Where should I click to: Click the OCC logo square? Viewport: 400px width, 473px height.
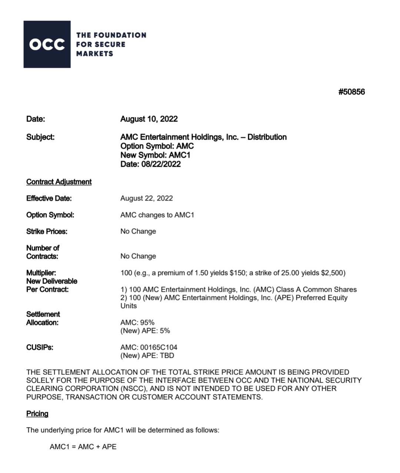click(47, 44)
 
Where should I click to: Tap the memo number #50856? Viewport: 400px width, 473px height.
click(351, 92)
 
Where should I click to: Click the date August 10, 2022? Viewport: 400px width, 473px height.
click(149, 119)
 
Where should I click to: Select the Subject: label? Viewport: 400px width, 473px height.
click(40, 137)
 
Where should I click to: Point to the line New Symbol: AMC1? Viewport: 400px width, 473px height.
click(155, 155)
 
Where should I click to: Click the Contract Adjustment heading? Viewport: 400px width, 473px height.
click(59, 182)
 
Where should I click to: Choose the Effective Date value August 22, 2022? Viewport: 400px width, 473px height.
click(147, 198)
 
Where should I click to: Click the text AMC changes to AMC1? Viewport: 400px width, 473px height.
click(157, 215)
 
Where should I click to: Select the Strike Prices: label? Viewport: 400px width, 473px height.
click(47, 232)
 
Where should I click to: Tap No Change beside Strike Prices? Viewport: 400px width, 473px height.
click(138, 232)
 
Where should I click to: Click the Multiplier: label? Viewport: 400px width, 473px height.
click(41, 273)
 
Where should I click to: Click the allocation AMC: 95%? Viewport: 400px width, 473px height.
click(137, 323)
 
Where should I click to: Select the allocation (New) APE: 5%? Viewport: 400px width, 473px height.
click(145, 331)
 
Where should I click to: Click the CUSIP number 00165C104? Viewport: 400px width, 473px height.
click(159, 348)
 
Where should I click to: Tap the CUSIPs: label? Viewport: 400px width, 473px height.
click(40, 348)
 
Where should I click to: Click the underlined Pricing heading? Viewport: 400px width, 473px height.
click(37, 414)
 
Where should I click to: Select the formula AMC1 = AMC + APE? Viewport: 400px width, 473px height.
click(83, 447)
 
